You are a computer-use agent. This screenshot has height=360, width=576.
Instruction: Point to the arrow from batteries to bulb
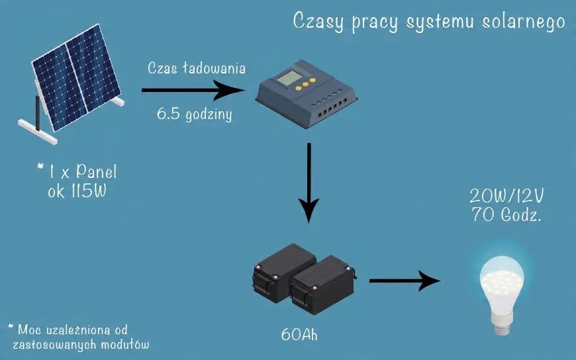[x=404, y=281]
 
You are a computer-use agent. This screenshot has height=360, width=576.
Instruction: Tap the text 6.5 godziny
[x=194, y=113]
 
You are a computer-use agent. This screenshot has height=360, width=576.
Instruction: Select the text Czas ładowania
[x=197, y=69]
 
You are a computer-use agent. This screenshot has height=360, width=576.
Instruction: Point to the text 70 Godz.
[x=505, y=214]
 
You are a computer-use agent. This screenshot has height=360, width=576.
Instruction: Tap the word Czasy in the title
[x=316, y=22]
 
